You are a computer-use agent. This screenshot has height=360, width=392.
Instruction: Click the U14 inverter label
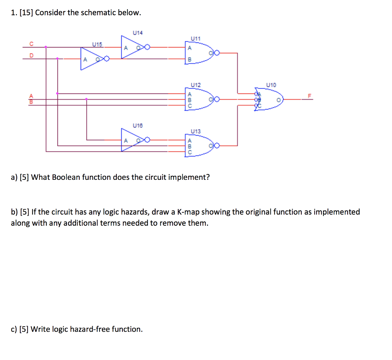[x=137, y=33]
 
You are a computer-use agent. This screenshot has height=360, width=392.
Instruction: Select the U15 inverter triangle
[x=90, y=59]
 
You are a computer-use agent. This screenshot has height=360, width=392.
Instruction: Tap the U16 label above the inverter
[x=137, y=125]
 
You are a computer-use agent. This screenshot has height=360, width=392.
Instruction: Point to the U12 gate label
[x=195, y=84]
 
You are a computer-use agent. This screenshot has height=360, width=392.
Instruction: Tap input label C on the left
[x=32, y=43]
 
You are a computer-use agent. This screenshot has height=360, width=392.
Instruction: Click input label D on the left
[x=32, y=55]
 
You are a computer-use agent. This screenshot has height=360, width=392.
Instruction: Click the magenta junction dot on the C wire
[x=46, y=47]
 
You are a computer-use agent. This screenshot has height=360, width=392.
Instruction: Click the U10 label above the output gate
[x=271, y=85]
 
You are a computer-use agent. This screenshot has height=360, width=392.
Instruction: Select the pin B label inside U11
[x=189, y=59]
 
